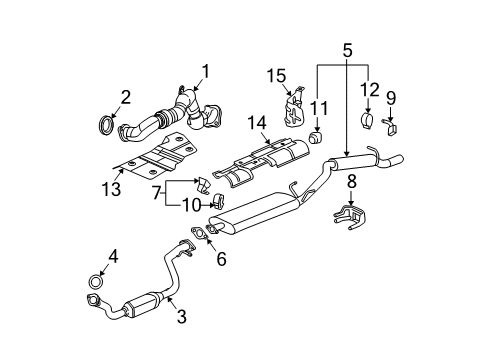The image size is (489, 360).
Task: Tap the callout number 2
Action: pyautogui.click(x=126, y=97)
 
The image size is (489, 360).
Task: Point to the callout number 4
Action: pyautogui.click(x=113, y=256)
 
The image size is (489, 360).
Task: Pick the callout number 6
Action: pyautogui.click(x=221, y=259)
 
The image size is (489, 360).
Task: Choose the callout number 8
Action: pyautogui.click(x=350, y=182)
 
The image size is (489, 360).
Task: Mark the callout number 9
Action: pyautogui.click(x=391, y=98)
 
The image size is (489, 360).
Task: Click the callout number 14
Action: pyautogui.click(x=257, y=122)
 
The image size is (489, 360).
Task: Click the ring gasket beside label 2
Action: pyautogui.click(x=103, y=125)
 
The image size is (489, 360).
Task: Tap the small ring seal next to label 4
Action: pyautogui.click(x=97, y=278)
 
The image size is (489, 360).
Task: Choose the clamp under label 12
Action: pyautogui.click(x=366, y=123)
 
